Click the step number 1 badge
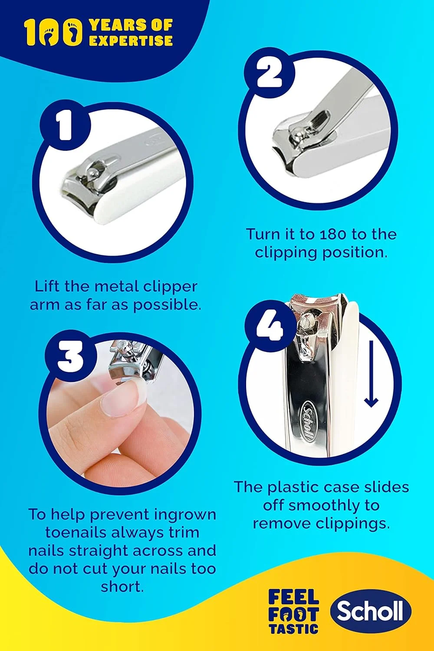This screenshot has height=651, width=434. pyautogui.click(x=65, y=125)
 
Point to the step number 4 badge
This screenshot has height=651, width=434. pyautogui.click(x=270, y=326)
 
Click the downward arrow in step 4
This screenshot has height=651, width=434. pyautogui.click(x=371, y=374)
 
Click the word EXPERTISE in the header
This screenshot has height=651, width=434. pyautogui.click(x=131, y=40)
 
